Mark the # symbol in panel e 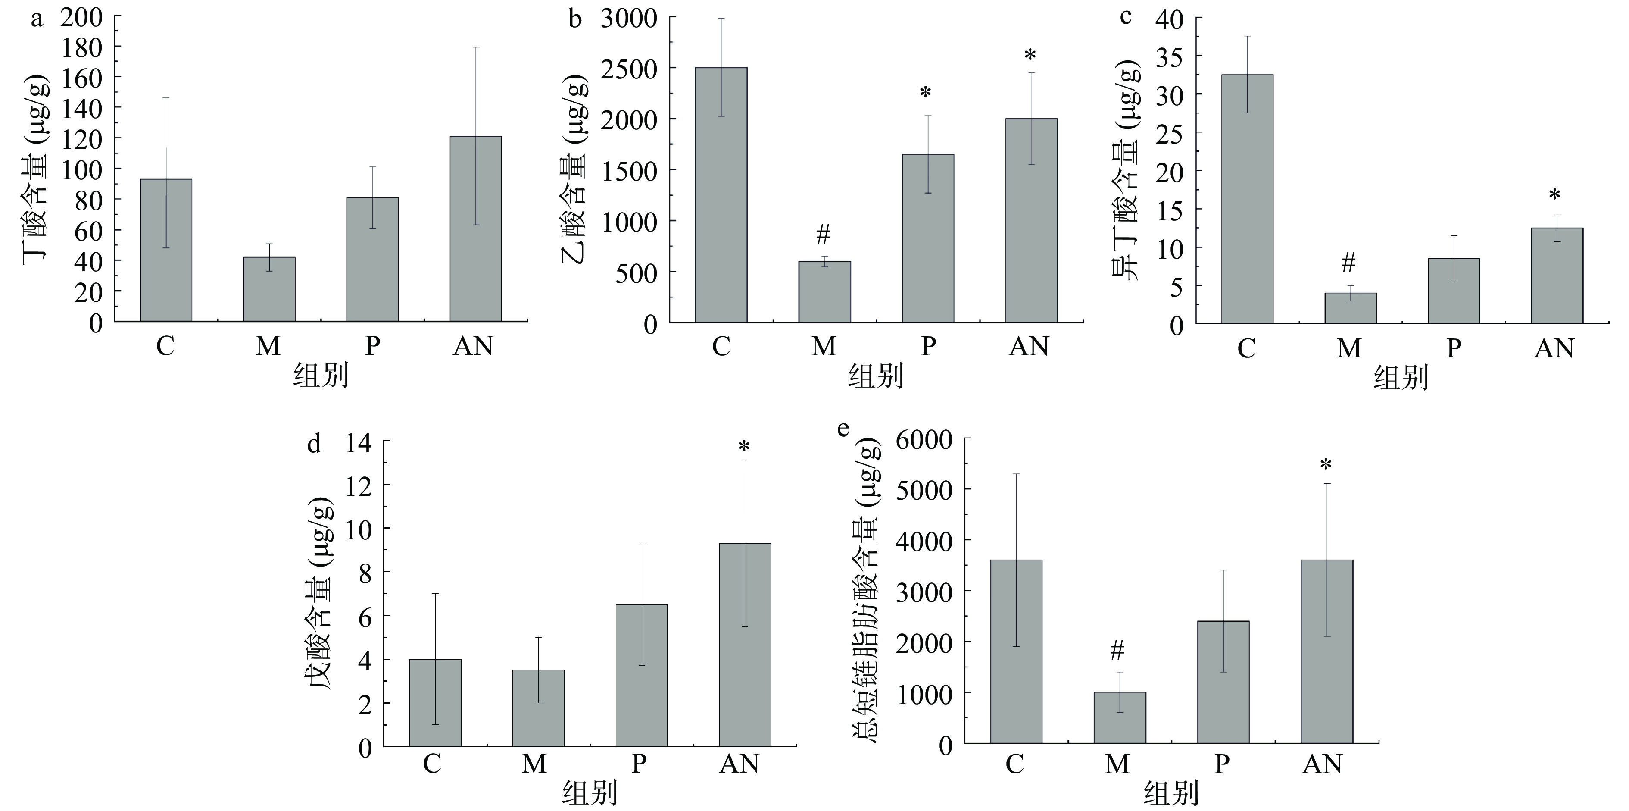coord(1117,650)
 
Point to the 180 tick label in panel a coord(81,47)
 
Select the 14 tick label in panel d coord(359,442)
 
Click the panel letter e coord(843,429)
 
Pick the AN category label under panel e coord(1322,764)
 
